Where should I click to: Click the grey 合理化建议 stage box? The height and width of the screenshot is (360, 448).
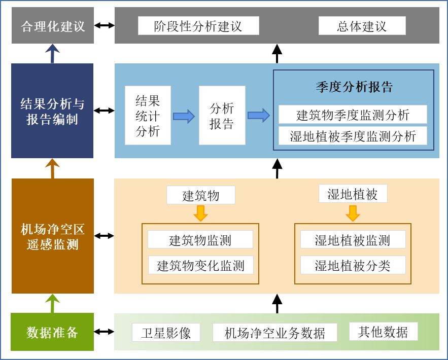tap(53, 26)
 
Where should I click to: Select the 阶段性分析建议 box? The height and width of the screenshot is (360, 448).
tap(198, 26)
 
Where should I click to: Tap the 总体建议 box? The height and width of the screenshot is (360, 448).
tap(362, 26)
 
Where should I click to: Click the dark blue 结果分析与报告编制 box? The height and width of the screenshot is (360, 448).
tap(53, 111)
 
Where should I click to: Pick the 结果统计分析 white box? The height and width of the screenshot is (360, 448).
tap(148, 116)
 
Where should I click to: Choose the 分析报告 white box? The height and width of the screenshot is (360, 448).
tap(222, 116)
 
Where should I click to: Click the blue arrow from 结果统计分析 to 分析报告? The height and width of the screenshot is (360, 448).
tap(184, 117)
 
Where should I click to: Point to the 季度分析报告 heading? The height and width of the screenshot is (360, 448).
tap(354, 87)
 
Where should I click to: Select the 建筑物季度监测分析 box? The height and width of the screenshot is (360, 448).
tap(353, 115)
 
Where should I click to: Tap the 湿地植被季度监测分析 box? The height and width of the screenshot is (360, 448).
tap(353, 136)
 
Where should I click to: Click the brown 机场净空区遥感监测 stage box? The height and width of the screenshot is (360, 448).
tap(53, 236)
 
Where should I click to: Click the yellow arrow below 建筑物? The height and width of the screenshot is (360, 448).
tap(201, 213)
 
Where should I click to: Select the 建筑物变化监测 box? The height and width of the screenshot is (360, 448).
tap(200, 265)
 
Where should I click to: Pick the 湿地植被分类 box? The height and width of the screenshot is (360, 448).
tap(353, 265)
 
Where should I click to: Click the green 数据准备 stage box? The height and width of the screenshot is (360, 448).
tap(53, 332)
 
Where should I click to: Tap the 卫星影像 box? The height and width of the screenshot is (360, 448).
tap(166, 333)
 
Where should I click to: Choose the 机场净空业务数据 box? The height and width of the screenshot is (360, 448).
tap(275, 333)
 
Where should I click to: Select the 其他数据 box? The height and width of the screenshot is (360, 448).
tap(383, 332)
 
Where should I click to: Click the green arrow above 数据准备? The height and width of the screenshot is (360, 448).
tap(52, 303)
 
